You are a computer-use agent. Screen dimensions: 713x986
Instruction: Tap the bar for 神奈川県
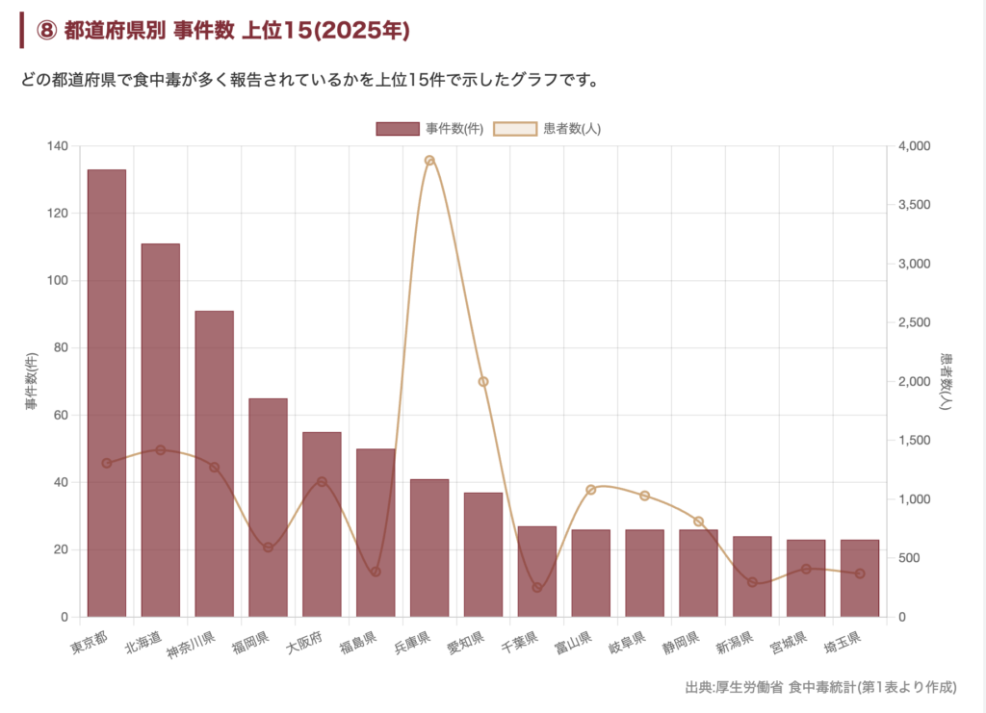click(214, 463)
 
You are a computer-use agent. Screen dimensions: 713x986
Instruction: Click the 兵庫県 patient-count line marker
click(429, 161)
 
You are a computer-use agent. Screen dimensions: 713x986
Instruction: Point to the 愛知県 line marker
click(483, 382)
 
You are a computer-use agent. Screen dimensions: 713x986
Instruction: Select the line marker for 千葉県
click(537, 587)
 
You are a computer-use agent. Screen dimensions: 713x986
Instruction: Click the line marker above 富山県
click(591, 490)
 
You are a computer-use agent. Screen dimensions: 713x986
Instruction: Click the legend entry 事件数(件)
click(428, 129)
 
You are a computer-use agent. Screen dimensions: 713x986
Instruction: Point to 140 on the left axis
click(57, 146)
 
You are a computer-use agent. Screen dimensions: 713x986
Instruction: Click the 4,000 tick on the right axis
click(916, 146)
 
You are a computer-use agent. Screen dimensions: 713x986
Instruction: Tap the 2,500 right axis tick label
click(916, 322)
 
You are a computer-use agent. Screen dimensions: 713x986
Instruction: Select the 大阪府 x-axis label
click(304, 643)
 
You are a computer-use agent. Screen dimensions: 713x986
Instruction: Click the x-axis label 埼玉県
click(843, 643)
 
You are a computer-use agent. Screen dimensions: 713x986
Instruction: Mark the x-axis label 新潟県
click(735, 643)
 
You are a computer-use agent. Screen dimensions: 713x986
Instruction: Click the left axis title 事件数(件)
click(33, 382)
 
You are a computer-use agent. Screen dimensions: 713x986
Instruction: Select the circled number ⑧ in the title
click(47, 31)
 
